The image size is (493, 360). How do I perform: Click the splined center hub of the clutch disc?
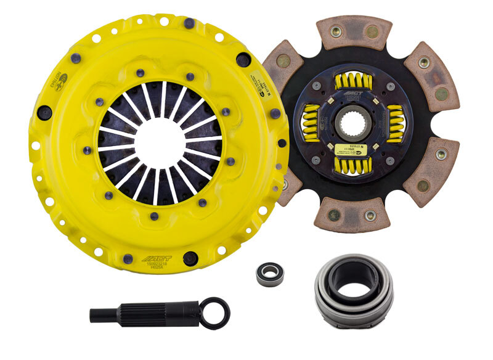coord(352,123)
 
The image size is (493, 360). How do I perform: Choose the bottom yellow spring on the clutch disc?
coord(352,165)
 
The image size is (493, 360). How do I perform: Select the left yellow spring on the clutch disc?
coord(310,124)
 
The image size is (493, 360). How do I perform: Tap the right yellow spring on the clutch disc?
coord(396,124)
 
